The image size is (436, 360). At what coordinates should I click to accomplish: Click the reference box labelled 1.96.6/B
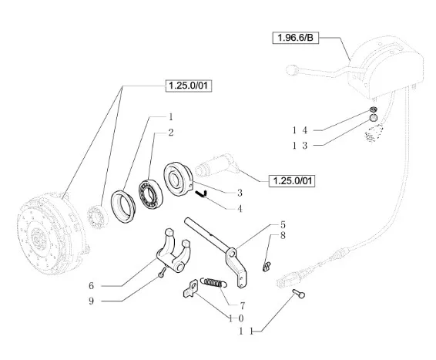pyautogui.click(x=295, y=38)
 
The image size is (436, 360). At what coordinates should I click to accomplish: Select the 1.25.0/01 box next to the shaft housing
pyautogui.click(x=292, y=181)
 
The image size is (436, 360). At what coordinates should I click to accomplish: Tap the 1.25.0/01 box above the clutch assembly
pyautogui.click(x=189, y=86)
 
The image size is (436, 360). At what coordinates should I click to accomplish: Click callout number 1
pyautogui.click(x=171, y=117)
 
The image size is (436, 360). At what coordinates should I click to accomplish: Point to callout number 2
pyautogui.click(x=171, y=133)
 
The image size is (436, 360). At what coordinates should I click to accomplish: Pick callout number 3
pyautogui.click(x=240, y=193)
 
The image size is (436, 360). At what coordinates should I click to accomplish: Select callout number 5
pyautogui.click(x=283, y=224)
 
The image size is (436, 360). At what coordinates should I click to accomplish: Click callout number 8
pyautogui.click(x=283, y=235)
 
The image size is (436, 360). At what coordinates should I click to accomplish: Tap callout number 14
pyautogui.click(x=300, y=130)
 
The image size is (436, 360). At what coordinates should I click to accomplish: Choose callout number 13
pyautogui.click(x=300, y=146)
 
